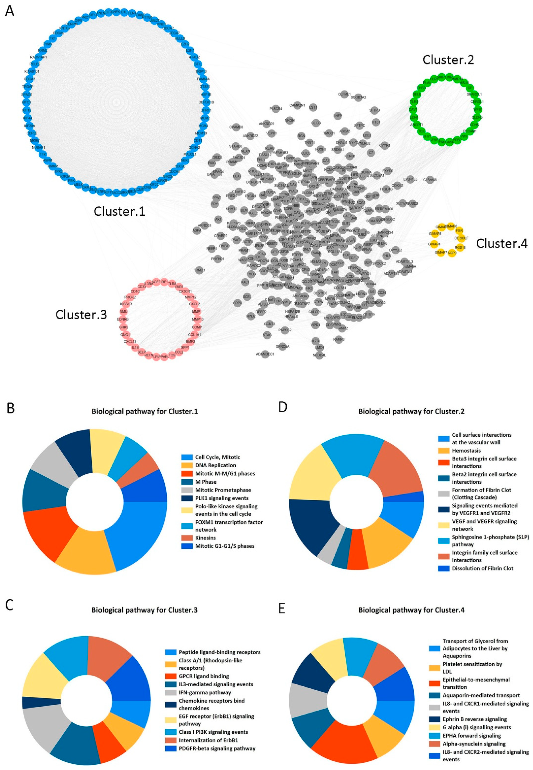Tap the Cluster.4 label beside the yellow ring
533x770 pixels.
coord(502,243)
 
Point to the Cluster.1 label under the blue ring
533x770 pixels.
coord(120,211)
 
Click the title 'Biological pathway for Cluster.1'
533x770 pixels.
coord(145,411)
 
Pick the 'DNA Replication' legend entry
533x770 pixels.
coord(215,465)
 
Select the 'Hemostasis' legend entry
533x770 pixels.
coord(466,450)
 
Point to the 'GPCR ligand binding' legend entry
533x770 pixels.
coord(204,676)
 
